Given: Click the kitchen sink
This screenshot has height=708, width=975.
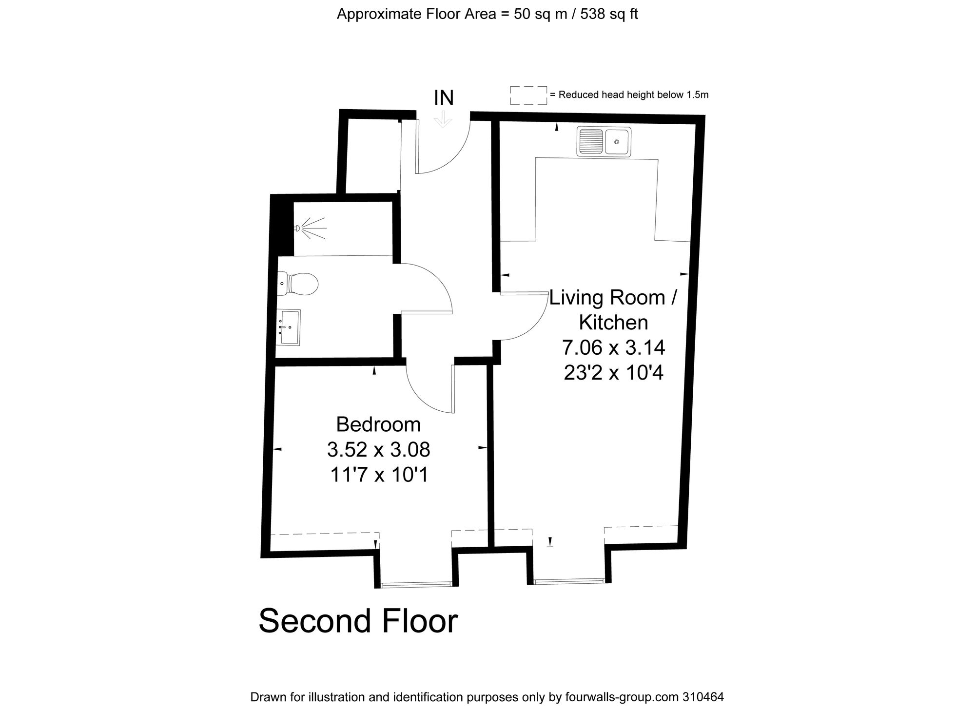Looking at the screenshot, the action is tap(604, 142).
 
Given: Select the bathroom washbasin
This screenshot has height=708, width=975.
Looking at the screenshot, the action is tap(289, 327).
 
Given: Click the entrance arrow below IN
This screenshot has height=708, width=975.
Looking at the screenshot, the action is tap(443, 119).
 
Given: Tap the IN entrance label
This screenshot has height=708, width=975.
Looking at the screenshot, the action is tap(444, 98).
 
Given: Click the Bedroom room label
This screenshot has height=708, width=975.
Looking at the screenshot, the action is tap(378, 424).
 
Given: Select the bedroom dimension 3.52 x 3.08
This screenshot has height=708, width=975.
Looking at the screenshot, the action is tap(378, 450).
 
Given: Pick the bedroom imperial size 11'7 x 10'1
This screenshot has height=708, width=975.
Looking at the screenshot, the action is tap(379, 475).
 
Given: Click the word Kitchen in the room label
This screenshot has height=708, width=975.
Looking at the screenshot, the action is tap(613, 323).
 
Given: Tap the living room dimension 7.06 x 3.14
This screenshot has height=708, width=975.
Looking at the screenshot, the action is tap(613, 348).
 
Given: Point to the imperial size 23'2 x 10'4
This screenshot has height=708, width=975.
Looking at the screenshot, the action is tap(613, 373).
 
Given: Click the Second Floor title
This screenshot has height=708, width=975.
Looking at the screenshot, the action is tap(358, 621).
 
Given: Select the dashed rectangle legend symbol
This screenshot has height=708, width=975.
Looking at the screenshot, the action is tap(528, 95).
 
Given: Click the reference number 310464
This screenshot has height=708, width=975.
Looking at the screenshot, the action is tap(702, 697).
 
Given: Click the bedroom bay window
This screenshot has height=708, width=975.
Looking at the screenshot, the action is tap(416, 584).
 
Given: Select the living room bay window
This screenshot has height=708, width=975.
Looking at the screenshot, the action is tap(569, 581).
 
